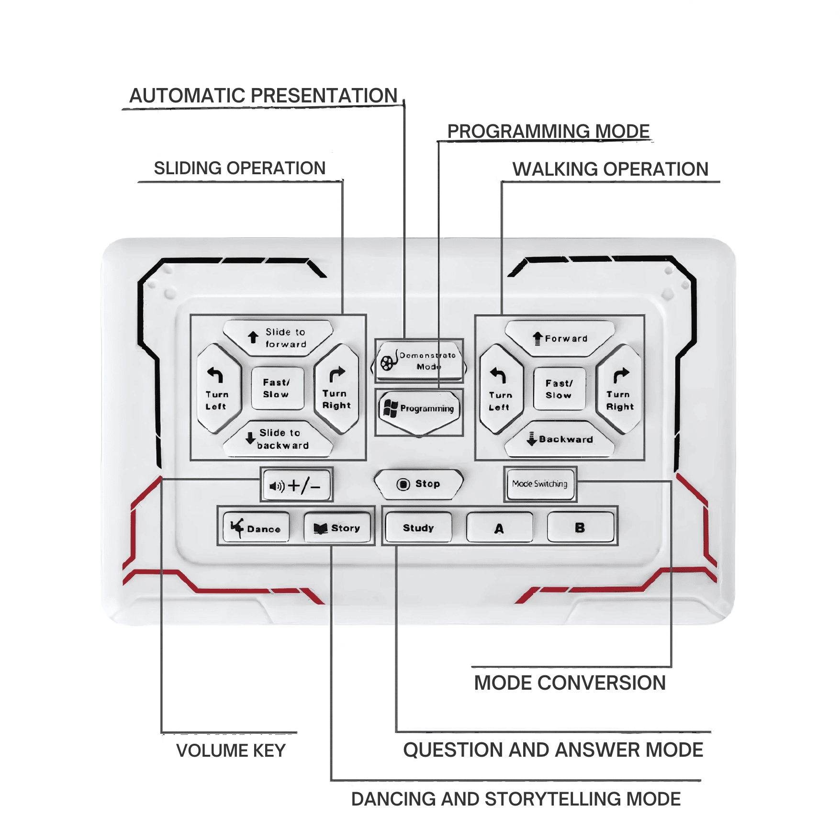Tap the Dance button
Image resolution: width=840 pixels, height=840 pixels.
click(257, 527)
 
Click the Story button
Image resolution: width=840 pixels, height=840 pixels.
click(337, 527)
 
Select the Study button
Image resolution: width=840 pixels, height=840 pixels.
click(418, 527)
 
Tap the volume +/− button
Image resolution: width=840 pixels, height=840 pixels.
click(297, 485)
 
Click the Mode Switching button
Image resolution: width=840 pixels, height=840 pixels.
click(540, 484)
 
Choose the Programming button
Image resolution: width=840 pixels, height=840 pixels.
click(419, 410)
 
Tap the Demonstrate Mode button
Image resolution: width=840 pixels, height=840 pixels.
click(419, 361)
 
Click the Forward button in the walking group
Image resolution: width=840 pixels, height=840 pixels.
click(560, 338)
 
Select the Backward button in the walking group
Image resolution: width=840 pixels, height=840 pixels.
click(560, 439)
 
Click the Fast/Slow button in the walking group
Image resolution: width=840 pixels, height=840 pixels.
click(559, 389)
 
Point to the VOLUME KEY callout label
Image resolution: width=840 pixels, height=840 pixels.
click(231, 750)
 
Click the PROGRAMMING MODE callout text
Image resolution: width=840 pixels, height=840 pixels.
click(548, 131)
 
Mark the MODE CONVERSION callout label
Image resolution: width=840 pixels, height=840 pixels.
click(570, 683)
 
